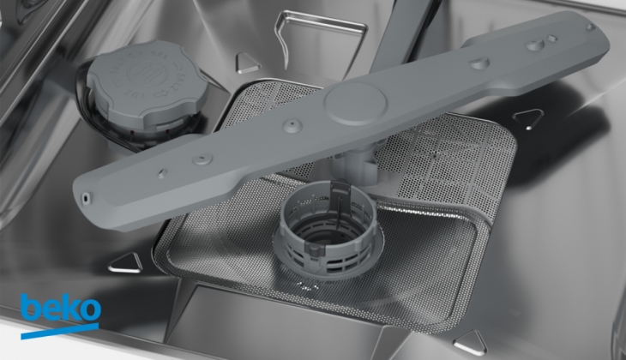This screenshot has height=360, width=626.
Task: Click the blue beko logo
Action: pyautogui.click(x=60, y=314)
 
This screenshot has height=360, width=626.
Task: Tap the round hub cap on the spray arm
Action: pyautogui.click(x=356, y=104)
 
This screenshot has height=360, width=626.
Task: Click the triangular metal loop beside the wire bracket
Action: pyautogui.click(x=247, y=64)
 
